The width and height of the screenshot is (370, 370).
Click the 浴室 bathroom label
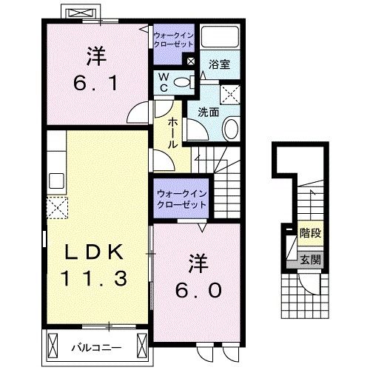coord(219,64)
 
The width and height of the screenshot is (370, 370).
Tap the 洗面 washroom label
coord(207,113)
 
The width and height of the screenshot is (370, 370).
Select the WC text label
coord(163,82)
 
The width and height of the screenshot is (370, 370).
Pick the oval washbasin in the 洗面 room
coord(229,129)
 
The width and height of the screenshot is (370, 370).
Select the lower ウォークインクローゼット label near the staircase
coord(181,198)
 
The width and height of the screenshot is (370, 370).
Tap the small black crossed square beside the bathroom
coord(191,61)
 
